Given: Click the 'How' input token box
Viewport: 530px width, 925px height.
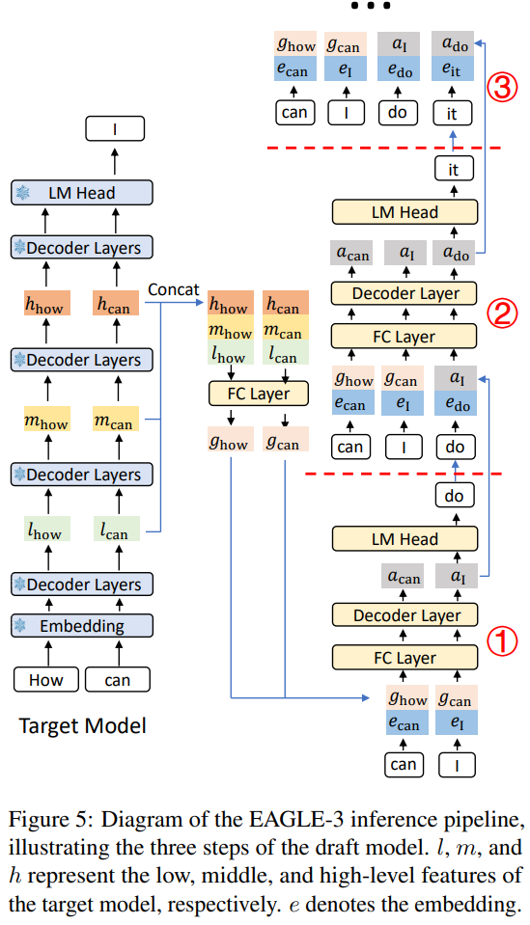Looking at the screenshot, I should (44, 681).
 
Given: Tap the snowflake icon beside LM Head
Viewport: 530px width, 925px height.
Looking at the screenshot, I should (22, 193).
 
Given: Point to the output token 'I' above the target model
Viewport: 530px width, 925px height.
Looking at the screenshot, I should (114, 128).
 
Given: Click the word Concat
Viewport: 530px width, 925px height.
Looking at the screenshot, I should (174, 289).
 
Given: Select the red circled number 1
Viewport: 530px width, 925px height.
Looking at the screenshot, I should (501, 641).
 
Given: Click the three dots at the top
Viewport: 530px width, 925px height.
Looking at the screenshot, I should (371, 6).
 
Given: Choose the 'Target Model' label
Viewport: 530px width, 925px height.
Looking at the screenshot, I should (83, 725).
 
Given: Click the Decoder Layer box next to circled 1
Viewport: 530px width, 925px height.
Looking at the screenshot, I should (406, 615).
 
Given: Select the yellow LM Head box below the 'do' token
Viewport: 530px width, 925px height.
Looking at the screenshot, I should (406, 539).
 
